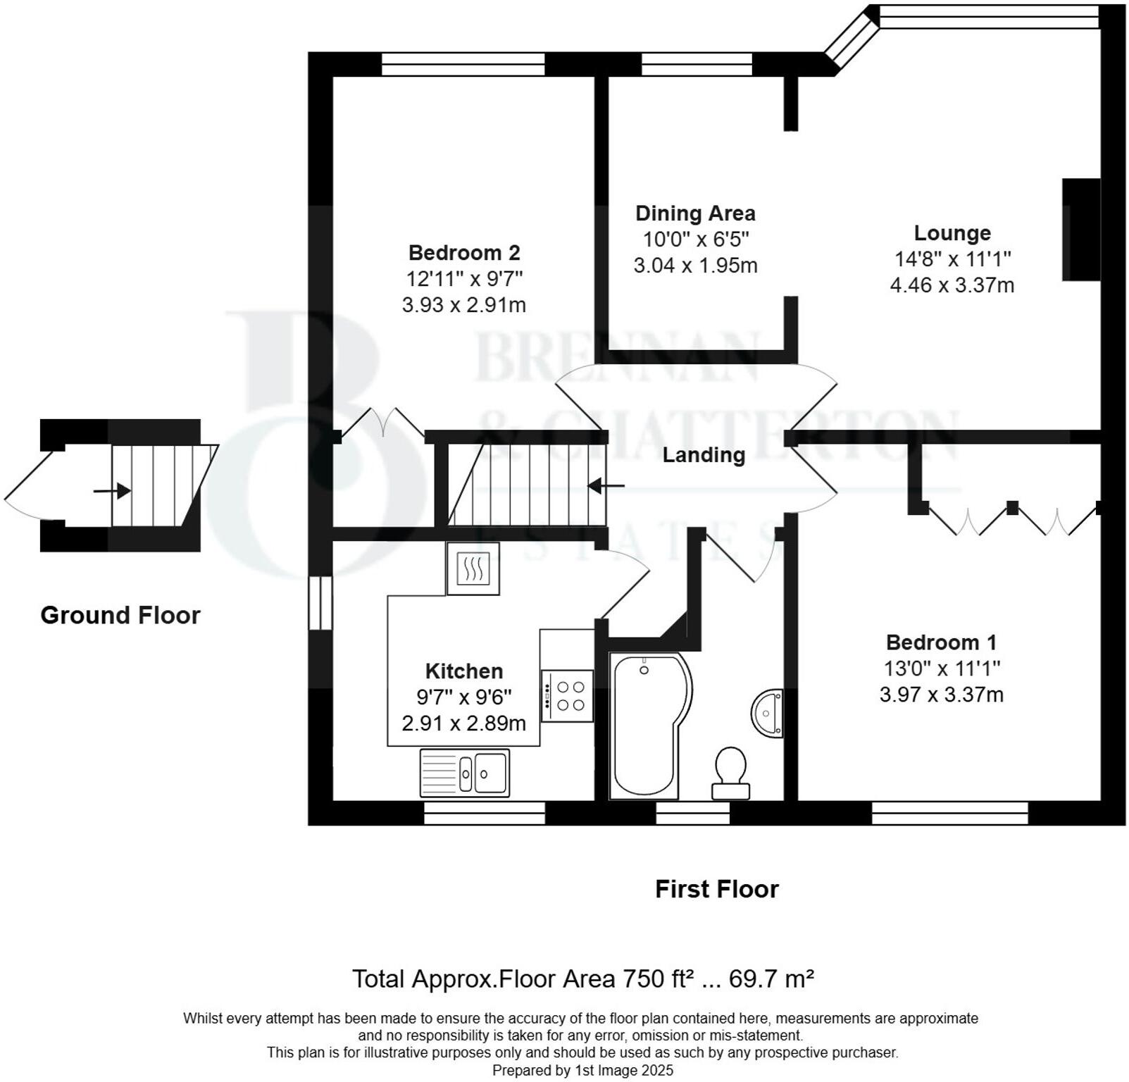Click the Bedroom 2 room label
463,252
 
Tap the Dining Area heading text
694,213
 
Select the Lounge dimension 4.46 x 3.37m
952,285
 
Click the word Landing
703,455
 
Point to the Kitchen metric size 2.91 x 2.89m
463,723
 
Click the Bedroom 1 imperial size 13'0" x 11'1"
942,668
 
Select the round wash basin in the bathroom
767,714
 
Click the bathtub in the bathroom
646,726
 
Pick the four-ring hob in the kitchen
567,696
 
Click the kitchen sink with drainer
465,773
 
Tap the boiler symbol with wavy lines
473,568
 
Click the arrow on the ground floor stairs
113,490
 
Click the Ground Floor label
120,615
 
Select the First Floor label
716,889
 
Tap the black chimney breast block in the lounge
1081,230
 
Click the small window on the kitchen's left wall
320,603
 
